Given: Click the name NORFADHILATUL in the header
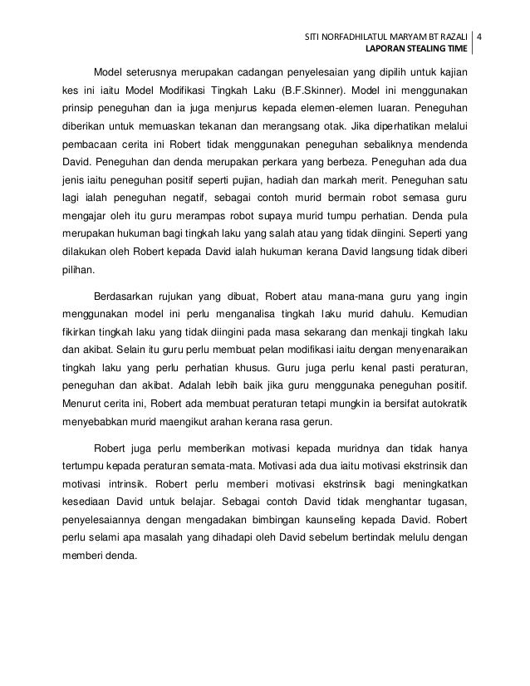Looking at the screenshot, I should point(357,38).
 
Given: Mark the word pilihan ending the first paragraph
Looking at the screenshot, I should point(77,271).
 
